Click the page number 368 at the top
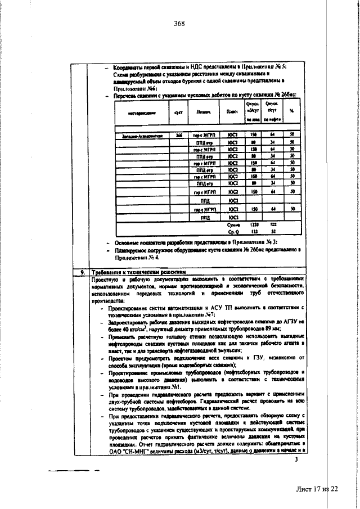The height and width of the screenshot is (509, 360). [179, 23]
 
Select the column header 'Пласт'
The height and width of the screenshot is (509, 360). [231, 112]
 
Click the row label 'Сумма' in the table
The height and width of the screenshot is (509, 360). [231, 224]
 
